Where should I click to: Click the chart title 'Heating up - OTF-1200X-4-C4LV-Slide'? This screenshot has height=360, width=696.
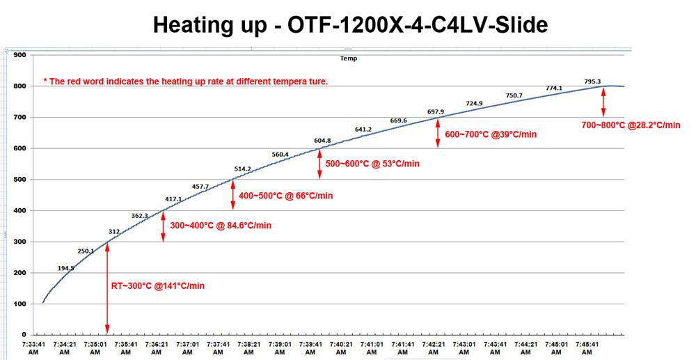pyautogui.click(x=350, y=25)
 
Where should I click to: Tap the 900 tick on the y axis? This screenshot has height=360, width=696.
pyautogui.click(x=19, y=55)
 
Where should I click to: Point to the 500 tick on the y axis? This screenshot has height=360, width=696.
pyautogui.click(x=19, y=180)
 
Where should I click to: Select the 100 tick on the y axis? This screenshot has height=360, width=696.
pyautogui.click(x=19, y=304)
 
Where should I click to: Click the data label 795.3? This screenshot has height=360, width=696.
pyautogui.click(x=593, y=81)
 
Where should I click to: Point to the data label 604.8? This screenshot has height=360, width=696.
pyautogui.click(x=322, y=141)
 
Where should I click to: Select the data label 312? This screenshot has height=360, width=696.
pyautogui.click(x=114, y=231)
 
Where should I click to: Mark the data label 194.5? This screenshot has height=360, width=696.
pyautogui.click(x=66, y=268)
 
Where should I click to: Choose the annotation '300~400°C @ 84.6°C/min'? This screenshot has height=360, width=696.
pyautogui.click(x=221, y=225)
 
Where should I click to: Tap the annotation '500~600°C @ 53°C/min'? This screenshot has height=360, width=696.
pyautogui.click(x=372, y=164)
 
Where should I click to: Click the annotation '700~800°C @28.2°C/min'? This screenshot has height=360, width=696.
pyautogui.click(x=631, y=125)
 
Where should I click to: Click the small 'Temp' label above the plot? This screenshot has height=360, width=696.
pyautogui.click(x=348, y=58)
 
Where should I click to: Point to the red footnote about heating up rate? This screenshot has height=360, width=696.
pyautogui.click(x=185, y=81)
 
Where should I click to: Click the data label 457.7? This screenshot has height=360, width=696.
pyautogui.click(x=200, y=186)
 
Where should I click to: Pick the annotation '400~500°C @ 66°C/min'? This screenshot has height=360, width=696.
pyautogui.click(x=286, y=196)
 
